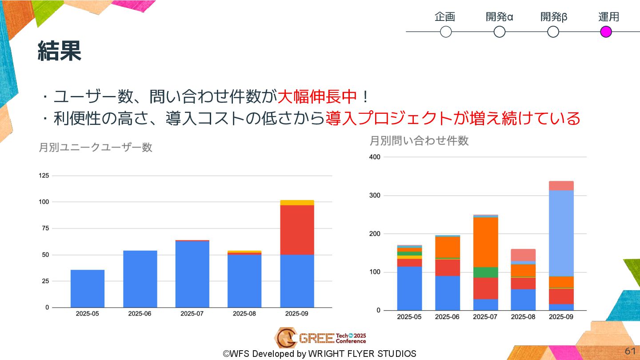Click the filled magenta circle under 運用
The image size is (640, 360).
(x=606, y=32)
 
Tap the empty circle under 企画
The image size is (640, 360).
(x=445, y=32)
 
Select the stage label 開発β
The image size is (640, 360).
(x=554, y=17)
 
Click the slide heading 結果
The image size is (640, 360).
(x=60, y=51)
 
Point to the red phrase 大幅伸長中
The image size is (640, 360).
(x=317, y=96)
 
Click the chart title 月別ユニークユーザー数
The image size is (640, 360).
(x=96, y=147)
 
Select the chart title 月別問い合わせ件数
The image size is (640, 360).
(x=419, y=141)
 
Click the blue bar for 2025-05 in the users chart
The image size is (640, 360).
(x=88, y=288)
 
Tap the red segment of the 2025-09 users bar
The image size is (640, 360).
(x=297, y=230)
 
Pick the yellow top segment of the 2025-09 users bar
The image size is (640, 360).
(x=297, y=203)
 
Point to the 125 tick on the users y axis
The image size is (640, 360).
(x=44, y=176)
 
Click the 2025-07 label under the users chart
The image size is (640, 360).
(x=192, y=313)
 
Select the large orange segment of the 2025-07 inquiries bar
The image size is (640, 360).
(x=485, y=242)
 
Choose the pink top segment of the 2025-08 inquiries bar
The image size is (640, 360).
(x=523, y=255)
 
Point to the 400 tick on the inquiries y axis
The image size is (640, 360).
(x=375, y=157)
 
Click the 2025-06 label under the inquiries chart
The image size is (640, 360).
(x=447, y=317)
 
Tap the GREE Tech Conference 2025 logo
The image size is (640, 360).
(x=320, y=338)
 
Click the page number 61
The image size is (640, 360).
(x=630, y=351)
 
